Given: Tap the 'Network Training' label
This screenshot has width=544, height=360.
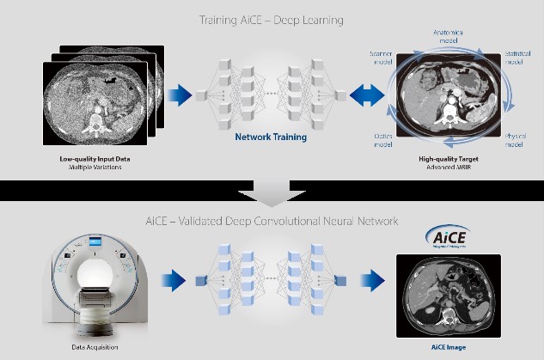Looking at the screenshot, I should (272, 135).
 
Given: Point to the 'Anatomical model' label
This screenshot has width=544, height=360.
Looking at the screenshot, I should (448, 37).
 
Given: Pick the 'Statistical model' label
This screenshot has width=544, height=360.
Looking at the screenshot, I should (516, 57).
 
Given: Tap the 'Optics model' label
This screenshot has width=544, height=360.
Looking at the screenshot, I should (384, 140).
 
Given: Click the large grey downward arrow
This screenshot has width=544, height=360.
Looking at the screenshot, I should (272, 195).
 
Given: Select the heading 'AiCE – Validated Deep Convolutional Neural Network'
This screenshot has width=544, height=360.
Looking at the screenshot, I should (272, 221).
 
